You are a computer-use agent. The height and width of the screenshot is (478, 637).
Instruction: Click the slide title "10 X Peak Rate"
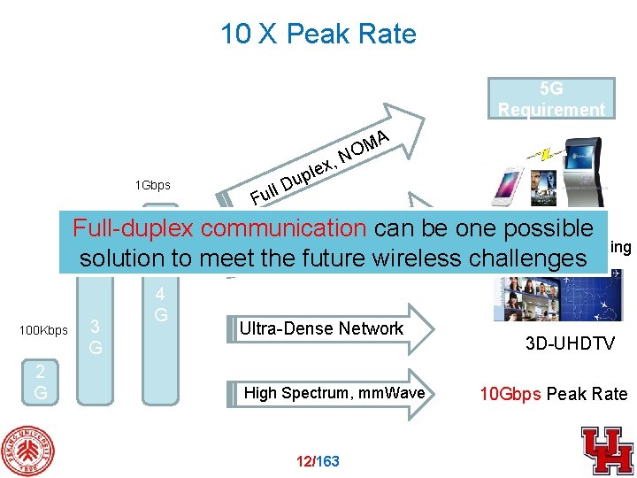[318, 35]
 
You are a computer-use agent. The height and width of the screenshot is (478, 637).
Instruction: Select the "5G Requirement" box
[551, 99]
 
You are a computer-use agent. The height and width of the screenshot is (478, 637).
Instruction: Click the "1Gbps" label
[152, 186]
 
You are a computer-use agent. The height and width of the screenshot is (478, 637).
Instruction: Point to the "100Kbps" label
[43, 330]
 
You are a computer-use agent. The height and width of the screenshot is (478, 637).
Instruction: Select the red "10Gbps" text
[510, 394]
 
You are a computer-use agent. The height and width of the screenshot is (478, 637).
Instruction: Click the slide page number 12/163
[318, 460]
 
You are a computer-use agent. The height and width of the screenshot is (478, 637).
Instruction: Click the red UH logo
[607, 450]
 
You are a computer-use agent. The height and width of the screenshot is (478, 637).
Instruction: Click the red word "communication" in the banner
[284, 228]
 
